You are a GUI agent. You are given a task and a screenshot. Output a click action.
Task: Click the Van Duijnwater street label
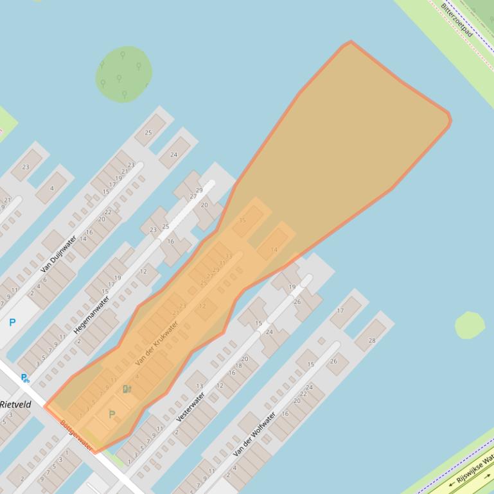(58, 254)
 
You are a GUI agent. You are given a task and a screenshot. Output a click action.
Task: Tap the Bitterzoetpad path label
(457, 20)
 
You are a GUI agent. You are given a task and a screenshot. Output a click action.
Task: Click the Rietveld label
(15, 405)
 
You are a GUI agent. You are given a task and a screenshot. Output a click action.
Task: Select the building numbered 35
(247, 221)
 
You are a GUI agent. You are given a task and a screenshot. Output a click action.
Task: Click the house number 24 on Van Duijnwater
(174, 154)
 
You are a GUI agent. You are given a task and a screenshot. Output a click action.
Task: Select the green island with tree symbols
(123, 74)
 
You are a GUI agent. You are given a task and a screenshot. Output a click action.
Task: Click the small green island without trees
(470, 325)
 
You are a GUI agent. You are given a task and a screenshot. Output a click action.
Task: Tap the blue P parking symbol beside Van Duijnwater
(12, 323)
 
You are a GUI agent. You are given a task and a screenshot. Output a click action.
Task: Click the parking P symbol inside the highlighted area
(112, 415)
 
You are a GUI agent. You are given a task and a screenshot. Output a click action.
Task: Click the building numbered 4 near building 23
(51, 187)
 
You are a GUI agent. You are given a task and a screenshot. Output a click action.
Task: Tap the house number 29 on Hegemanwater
(198, 191)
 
